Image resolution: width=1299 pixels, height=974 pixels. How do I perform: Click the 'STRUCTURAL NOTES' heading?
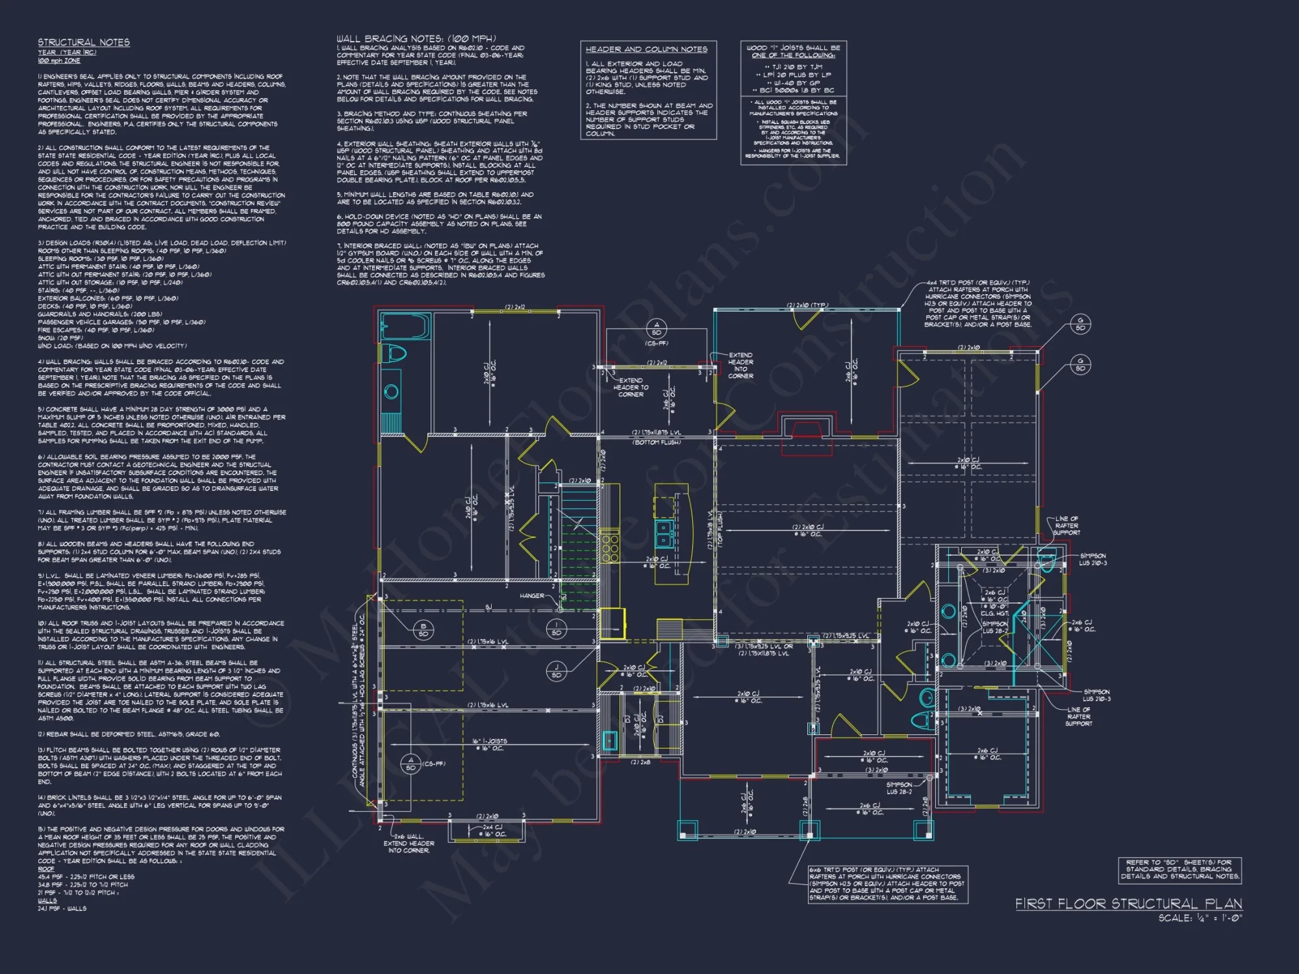tap(84, 42)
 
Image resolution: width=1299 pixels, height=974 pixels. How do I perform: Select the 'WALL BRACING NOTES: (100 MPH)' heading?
tap(416, 39)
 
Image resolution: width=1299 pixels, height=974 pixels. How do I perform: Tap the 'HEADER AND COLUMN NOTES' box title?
tap(646, 49)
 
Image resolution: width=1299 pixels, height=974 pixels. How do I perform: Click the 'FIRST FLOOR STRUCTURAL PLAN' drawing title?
tap(1129, 904)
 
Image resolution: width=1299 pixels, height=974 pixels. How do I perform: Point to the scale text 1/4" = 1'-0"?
tap(1200, 918)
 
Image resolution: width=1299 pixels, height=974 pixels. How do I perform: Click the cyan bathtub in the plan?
tap(405, 327)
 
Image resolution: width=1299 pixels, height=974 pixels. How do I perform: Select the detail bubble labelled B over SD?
tap(423, 630)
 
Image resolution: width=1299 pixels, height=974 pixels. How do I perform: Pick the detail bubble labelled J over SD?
tap(556, 671)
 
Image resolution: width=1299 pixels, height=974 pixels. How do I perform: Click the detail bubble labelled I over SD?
tap(557, 629)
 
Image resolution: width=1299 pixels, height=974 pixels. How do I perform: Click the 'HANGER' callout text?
tap(532, 595)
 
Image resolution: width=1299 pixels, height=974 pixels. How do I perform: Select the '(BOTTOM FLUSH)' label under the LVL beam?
tap(657, 442)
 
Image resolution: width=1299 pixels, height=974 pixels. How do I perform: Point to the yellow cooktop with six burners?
tap(610, 545)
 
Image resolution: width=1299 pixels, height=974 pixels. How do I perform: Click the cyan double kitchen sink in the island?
tap(664, 534)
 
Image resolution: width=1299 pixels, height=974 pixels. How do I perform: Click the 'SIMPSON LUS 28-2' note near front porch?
tap(900, 788)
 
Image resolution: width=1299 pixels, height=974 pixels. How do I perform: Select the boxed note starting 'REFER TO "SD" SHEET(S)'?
tap(1179, 869)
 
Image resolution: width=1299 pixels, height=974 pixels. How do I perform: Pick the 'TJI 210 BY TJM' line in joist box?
tap(794, 67)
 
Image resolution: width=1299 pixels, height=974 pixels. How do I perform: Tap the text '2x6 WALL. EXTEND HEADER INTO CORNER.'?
tap(409, 843)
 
